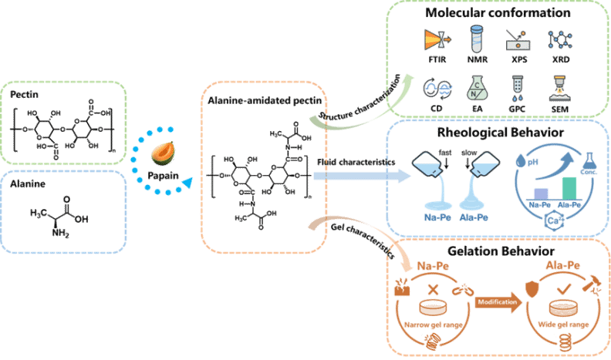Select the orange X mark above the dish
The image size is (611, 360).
click(433, 290)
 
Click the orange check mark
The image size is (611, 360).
click(564, 288)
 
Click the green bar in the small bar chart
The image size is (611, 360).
click(569, 187)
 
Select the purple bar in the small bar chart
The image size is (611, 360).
click(541, 192)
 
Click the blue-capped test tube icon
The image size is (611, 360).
click(476, 39)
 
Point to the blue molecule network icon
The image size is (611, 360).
click(559, 40)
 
